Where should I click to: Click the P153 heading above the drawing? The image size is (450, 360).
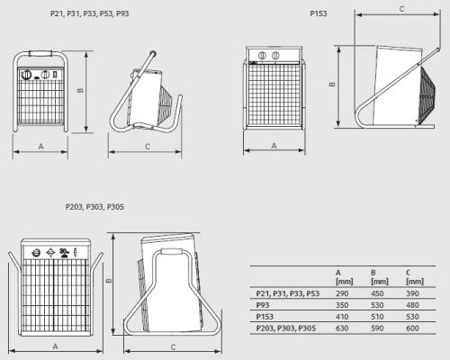click(319, 13)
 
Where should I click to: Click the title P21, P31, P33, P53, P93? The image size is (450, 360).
click(90, 13)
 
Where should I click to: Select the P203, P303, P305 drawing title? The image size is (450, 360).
click(94, 207)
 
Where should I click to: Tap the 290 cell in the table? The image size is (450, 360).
click(342, 293)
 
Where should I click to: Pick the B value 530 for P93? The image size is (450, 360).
click(377, 305)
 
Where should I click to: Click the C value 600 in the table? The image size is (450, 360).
click(412, 328)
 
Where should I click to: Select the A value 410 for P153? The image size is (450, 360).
click(342, 317)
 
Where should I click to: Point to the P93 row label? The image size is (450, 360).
click(263, 305)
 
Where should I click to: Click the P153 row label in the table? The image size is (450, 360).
click(265, 317)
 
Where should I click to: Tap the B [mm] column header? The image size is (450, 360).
click(380, 277)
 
